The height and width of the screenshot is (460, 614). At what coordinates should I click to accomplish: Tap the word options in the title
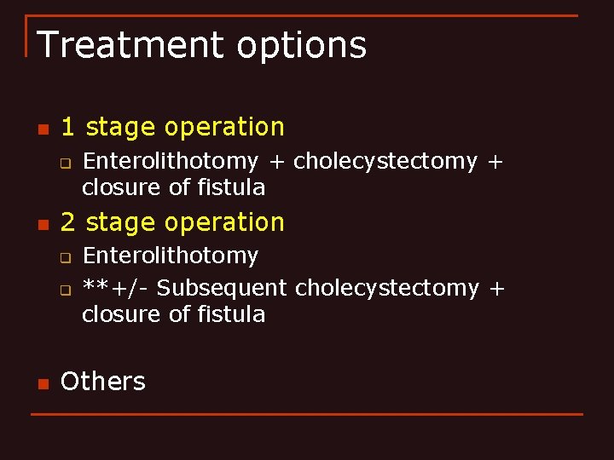point(302,46)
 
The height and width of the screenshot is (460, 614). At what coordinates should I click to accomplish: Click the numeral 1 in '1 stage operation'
point(68,127)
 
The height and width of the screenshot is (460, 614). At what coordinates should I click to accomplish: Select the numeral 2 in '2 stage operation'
point(68,222)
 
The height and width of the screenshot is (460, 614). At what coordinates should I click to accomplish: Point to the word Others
point(103,381)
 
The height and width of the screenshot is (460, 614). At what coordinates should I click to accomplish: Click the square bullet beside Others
point(42,383)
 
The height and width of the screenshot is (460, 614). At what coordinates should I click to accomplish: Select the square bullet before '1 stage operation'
point(42,129)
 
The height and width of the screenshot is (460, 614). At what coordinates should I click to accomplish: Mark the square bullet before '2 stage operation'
point(42,225)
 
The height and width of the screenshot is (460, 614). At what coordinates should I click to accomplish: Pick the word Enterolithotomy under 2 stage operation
point(170,256)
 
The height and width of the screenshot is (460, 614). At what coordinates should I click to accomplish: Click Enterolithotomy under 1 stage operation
point(170,161)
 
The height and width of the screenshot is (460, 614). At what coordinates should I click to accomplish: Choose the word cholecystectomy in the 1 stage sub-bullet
point(385,161)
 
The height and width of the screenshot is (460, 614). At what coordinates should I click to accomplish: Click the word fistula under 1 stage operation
point(232,187)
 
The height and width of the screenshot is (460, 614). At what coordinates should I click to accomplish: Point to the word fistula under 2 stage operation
point(232,314)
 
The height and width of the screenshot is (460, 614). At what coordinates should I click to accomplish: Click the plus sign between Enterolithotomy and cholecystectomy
point(275,161)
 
